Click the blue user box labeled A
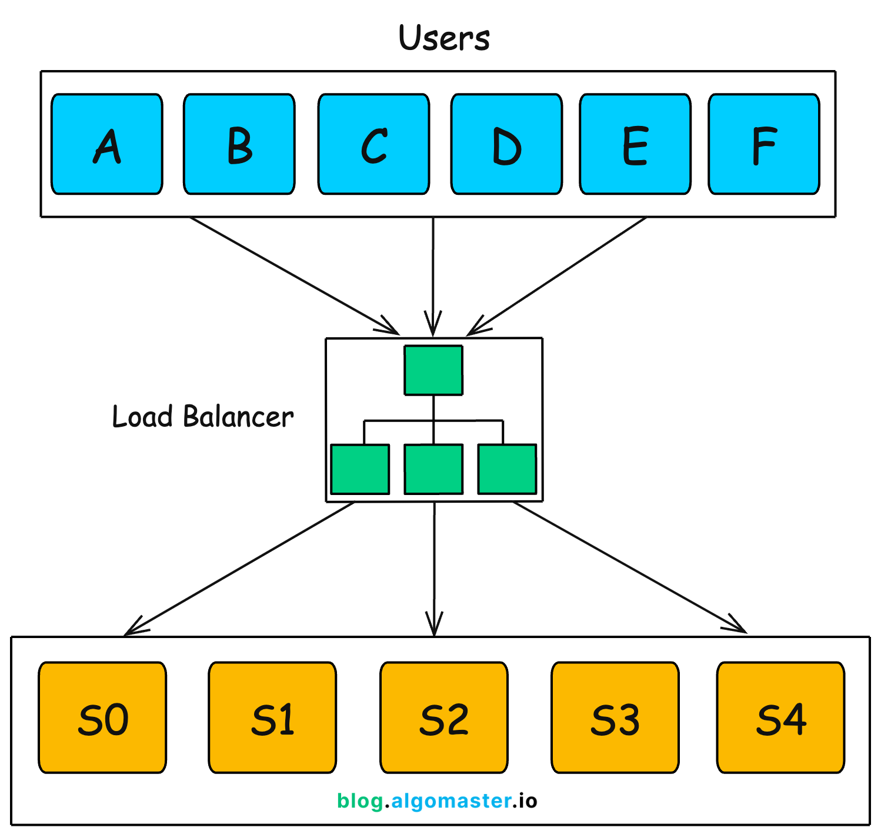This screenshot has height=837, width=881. [x=107, y=144]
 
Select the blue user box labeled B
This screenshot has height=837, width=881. [x=239, y=144]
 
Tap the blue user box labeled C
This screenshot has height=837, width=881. [x=373, y=144]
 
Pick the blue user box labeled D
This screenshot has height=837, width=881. [x=506, y=144]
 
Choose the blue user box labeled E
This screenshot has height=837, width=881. [x=635, y=144]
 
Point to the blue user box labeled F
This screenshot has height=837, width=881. [x=764, y=144]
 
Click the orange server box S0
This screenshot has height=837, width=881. [x=102, y=718]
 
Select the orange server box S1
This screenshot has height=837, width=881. [x=272, y=718]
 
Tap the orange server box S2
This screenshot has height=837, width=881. [x=444, y=718]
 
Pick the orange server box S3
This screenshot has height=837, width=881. [x=615, y=718]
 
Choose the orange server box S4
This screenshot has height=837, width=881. [x=780, y=718]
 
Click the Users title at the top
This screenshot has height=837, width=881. [x=444, y=38]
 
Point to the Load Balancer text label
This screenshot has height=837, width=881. [x=202, y=417]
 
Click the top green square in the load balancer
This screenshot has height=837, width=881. [x=433, y=370]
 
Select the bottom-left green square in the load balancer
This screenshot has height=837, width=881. [x=360, y=469]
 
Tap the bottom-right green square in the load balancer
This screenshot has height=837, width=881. [x=507, y=469]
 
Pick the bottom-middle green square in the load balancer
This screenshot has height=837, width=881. [x=433, y=469]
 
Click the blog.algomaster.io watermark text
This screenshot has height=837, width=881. [x=437, y=801]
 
